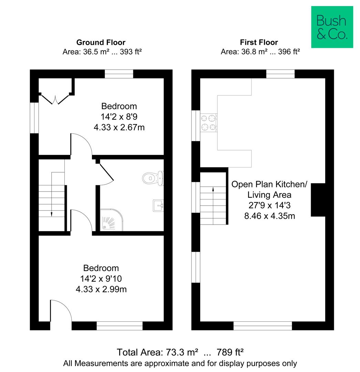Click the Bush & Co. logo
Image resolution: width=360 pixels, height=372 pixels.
[332, 27]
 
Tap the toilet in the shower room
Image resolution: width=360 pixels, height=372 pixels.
[153, 178]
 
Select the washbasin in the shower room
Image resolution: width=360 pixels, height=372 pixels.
[158, 205]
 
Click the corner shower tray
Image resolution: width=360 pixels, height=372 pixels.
[112, 220]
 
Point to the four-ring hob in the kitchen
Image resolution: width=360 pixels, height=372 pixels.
[209, 123]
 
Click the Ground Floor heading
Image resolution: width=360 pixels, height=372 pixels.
[101, 42]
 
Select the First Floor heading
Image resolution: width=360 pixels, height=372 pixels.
[259, 42]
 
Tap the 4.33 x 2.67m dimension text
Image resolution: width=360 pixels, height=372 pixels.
[119, 127]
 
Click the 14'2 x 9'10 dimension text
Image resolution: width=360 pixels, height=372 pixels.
[101, 279]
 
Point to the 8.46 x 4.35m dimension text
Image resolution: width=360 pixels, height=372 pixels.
[270, 216]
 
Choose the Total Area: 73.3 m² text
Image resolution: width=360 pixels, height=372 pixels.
[157, 352]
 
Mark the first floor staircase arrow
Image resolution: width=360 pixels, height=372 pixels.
[213, 205]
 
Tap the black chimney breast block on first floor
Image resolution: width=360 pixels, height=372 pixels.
[318, 200]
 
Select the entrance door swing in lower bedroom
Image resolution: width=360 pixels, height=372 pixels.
[61, 311]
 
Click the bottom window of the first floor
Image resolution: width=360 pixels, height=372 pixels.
[263, 326]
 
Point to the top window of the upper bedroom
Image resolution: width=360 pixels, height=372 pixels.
[119, 74]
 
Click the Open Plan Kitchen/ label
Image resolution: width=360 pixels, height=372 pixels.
[269, 184]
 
